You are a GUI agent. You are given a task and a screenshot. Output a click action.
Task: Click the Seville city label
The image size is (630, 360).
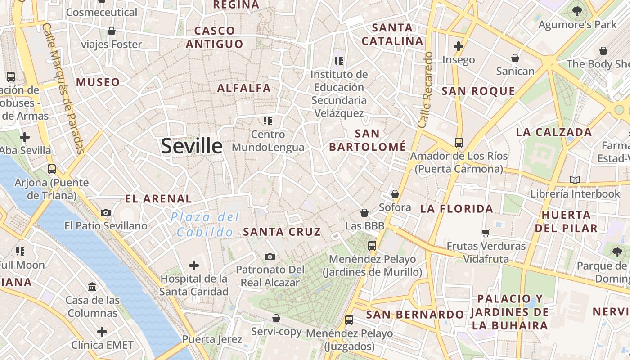[192, 146]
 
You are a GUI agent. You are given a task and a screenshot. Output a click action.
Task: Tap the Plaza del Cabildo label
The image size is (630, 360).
[205, 225]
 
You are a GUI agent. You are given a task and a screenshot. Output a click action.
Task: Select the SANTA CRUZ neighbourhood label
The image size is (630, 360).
[282, 232]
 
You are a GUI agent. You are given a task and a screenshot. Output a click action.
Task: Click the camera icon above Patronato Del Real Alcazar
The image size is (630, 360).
[270, 256]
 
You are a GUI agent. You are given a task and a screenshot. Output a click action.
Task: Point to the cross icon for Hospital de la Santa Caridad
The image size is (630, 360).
[194, 265]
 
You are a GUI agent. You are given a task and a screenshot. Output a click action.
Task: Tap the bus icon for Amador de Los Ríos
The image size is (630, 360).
[459, 143]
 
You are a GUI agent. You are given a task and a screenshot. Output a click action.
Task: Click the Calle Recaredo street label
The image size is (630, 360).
[425, 90]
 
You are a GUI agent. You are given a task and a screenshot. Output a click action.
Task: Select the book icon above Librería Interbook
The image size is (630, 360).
[575, 180]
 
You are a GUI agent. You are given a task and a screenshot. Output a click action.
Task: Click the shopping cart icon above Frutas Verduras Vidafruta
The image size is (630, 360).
[486, 233]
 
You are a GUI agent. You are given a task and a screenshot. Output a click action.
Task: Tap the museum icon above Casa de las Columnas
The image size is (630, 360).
[92, 286]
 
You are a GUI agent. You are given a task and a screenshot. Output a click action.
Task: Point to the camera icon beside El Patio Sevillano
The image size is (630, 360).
[106, 212]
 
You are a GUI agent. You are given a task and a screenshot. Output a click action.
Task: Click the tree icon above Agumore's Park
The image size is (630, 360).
[577, 11]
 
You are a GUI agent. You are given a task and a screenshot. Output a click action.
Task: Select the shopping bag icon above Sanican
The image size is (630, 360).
[515, 58]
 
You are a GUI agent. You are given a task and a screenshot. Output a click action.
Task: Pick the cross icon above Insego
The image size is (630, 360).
[459, 46]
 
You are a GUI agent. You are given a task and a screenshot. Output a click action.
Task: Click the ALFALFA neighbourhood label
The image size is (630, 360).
[244, 88]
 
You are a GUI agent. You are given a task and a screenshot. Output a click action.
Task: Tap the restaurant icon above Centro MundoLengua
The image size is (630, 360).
[268, 121]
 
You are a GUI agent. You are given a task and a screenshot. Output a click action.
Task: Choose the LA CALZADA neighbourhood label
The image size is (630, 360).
[553, 132]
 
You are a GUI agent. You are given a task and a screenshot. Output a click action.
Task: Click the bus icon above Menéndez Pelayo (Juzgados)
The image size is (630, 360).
[349, 320]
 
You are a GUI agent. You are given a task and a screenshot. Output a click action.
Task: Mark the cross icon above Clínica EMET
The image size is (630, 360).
[102, 332]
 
